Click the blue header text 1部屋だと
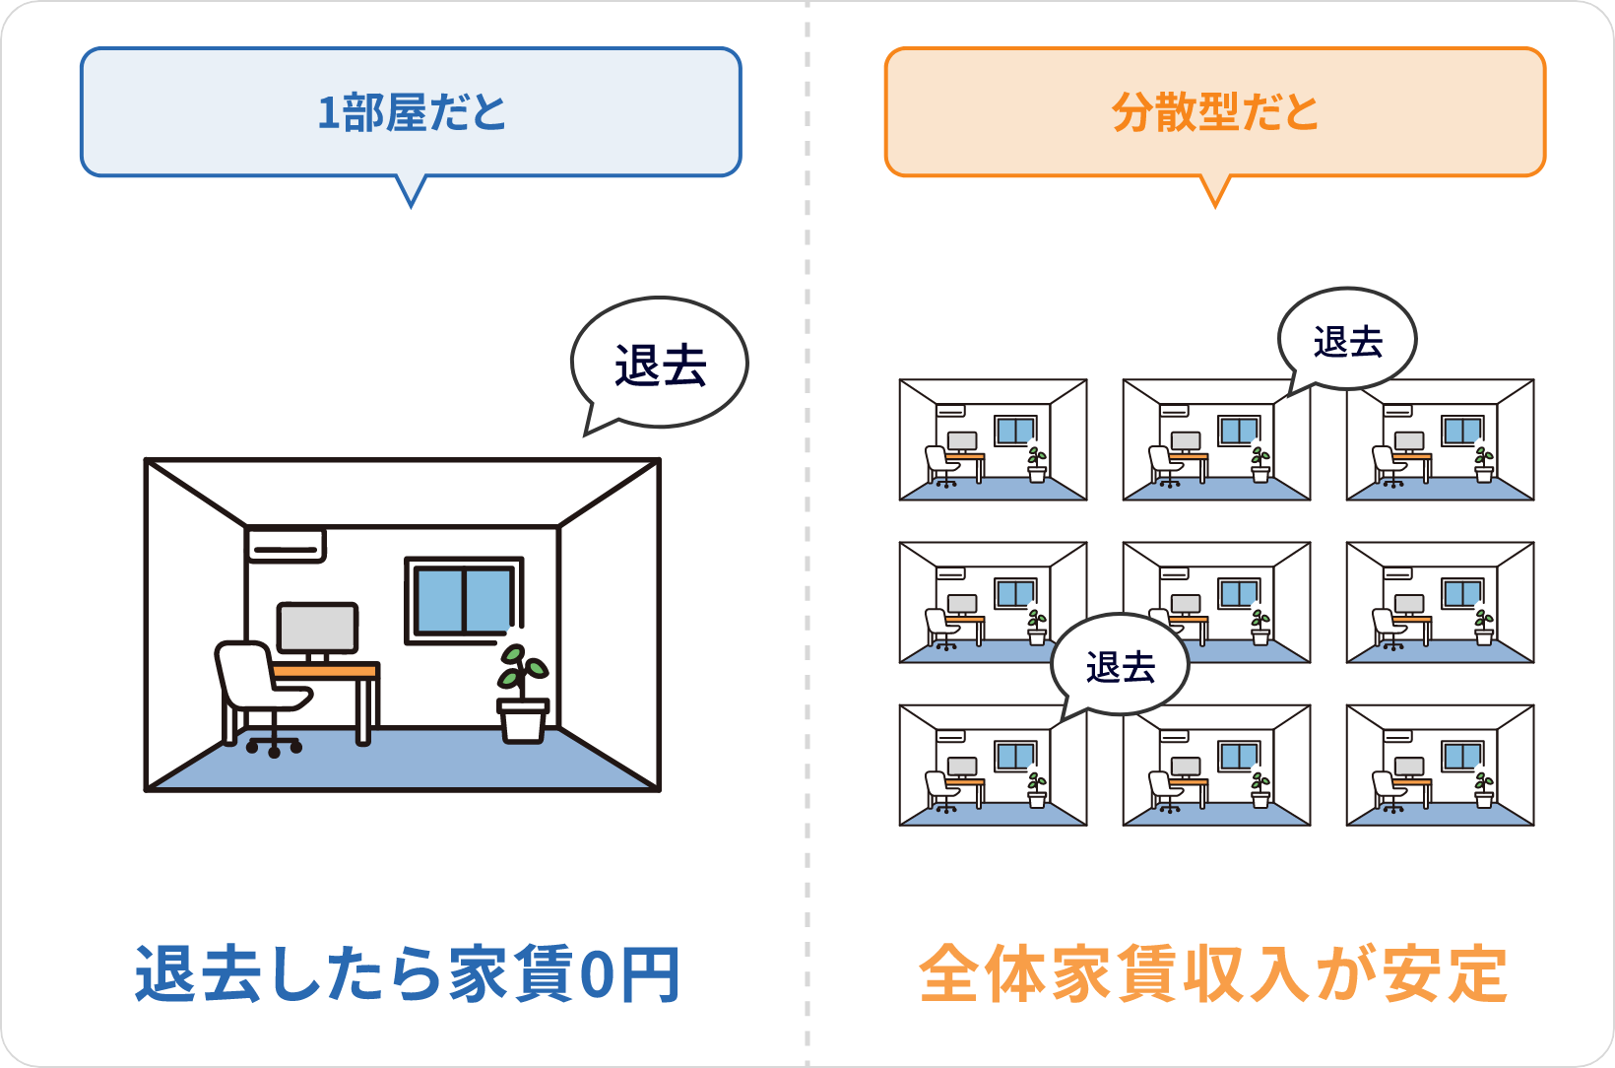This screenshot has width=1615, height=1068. coord(411,112)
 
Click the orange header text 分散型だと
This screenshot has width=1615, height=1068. coord(1214,112)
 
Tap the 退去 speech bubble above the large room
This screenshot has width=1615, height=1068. coord(660,365)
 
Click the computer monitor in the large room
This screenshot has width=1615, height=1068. coord(317,628)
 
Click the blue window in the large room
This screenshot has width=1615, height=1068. coord(464,600)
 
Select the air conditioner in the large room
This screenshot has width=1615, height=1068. coord(286,544)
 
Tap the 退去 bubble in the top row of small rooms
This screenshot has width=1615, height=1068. coord(1347,341)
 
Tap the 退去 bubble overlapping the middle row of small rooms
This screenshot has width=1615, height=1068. coord(1121,666)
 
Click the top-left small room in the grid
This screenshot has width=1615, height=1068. coord(993,439)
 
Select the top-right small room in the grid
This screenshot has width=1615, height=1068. coord(1440,439)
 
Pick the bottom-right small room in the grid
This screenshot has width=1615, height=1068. coord(1440,765)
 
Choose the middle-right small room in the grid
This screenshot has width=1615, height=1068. coord(1440,602)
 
